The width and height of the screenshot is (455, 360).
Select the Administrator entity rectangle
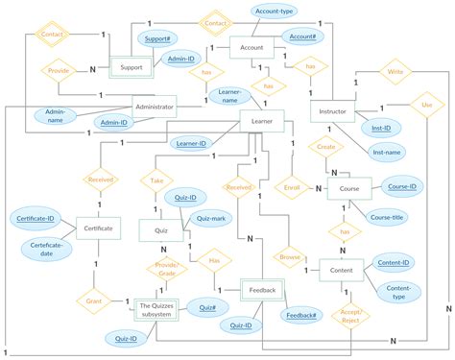tap(154, 108)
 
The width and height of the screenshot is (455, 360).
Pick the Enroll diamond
tap(294, 188)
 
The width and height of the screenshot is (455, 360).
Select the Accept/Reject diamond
tap(351, 318)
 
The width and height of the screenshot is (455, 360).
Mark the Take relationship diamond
tap(156, 180)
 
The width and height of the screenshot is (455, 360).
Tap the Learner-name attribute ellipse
tap(228, 96)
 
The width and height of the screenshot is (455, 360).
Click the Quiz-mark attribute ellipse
tap(209, 218)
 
